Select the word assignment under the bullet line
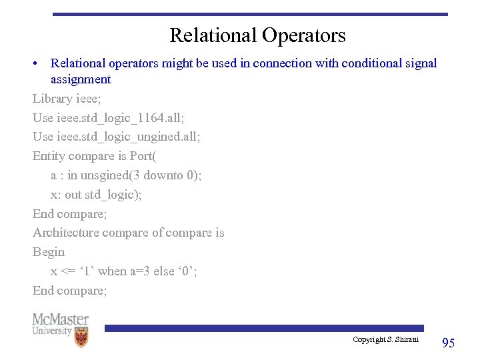coord(81,79)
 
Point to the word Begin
coord(49,252)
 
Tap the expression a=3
coord(143,271)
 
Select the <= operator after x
coord(67,271)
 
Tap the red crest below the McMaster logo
coord(81,338)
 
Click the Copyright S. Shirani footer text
coord(385,340)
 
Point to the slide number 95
coord(448,343)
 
